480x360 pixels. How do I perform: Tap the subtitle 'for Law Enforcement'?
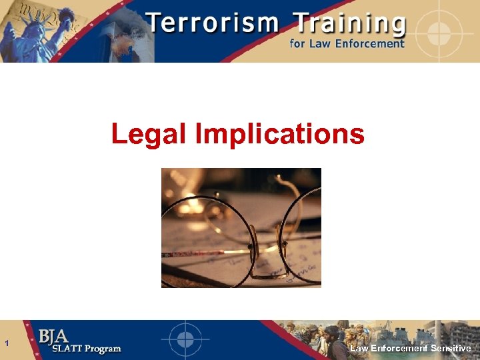coord(346,44)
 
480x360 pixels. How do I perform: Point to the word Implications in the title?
coord(280,134)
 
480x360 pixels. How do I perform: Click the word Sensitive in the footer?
coord(451,349)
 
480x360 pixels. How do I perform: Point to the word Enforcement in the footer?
coord(399,349)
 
